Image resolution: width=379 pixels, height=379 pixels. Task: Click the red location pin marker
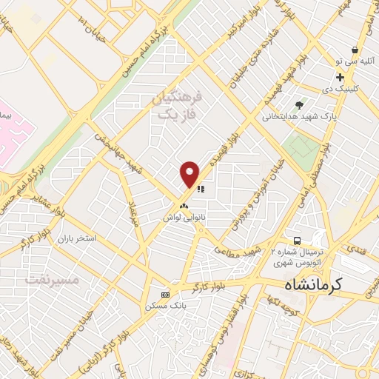[190, 173]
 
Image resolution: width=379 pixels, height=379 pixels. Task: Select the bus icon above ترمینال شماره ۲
[297, 241]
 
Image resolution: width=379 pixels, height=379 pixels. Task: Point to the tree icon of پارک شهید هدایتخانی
[299, 105]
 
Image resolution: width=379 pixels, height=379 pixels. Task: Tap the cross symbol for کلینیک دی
[340, 77]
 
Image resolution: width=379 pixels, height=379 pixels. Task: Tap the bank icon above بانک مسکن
[165, 294]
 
